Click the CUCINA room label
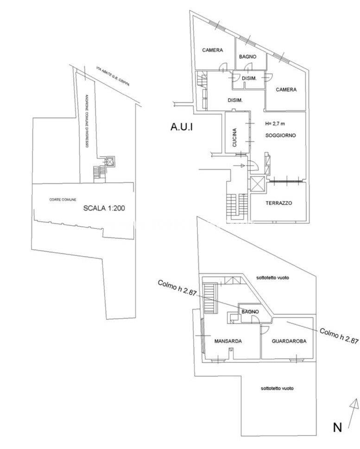(x=234, y=138)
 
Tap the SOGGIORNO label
(x=280, y=135)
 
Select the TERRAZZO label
(x=278, y=203)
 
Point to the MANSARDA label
(x=228, y=341)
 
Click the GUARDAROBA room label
(x=289, y=341)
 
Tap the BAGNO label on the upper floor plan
(x=248, y=57)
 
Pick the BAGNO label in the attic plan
(x=250, y=311)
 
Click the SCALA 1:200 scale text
(x=104, y=208)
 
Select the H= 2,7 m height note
(x=275, y=124)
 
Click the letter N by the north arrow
(x=337, y=428)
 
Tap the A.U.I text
(x=182, y=126)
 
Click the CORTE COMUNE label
(x=63, y=200)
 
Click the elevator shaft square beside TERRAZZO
(x=257, y=183)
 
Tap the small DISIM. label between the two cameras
(x=249, y=78)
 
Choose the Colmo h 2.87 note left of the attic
(x=177, y=289)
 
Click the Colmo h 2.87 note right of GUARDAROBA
(x=339, y=335)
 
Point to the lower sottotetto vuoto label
(x=277, y=388)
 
